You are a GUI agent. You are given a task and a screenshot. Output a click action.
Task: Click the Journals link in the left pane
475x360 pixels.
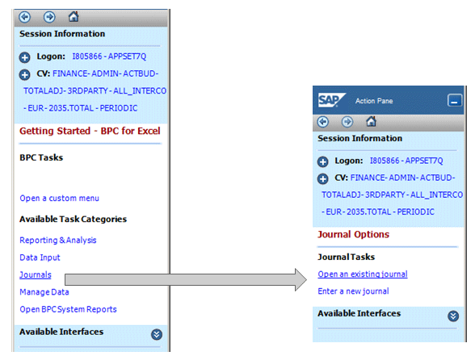point(36,274)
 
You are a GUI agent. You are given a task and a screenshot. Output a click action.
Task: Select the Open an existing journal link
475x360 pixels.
point(363,274)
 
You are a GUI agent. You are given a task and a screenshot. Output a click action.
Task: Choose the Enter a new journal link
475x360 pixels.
point(353,291)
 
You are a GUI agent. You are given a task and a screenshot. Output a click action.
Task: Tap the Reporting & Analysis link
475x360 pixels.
point(58,240)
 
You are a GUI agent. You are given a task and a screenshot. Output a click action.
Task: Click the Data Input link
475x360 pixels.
point(40,257)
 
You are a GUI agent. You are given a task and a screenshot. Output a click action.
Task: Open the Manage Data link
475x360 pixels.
point(44,292)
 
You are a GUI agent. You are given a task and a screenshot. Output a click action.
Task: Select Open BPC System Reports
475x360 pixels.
point(68,309)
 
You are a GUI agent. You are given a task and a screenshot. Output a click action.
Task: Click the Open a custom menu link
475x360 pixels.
point(60,199)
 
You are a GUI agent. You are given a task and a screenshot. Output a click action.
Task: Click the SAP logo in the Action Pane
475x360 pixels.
point(331,100)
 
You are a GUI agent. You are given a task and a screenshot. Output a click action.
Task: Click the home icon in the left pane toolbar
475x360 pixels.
point(74,16)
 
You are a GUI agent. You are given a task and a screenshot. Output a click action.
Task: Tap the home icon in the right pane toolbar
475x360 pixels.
point(371,121)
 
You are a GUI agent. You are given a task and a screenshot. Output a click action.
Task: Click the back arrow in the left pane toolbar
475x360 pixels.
point(25,17)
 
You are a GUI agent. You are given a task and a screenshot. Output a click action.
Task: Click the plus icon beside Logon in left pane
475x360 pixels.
point(25,57)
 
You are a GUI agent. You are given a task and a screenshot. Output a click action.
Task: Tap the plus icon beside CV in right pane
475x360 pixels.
point(322,178)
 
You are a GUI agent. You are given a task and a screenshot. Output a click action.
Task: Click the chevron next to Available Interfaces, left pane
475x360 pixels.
point(157,334)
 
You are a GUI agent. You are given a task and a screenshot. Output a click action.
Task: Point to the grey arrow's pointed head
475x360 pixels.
point(306,280)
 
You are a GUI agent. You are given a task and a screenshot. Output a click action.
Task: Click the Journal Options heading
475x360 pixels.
point(353,234)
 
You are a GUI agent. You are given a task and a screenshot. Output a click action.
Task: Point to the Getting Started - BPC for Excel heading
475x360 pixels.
point(90,131)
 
